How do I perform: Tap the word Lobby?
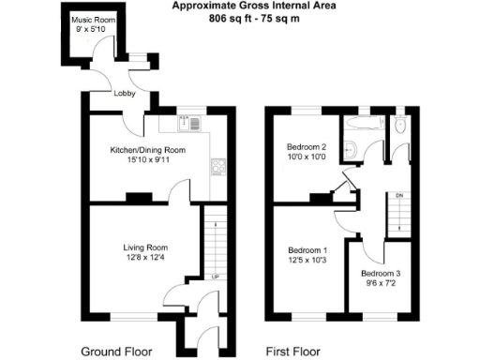tap(125, 94)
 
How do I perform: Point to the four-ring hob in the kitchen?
tap(219, 167)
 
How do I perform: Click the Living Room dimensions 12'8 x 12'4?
tap(145, 258)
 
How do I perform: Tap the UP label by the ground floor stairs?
tap(215, 277)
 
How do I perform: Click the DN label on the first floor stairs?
tap(398, 195)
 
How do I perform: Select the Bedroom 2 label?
tap(306, 147)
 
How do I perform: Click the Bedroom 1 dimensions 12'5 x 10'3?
tap(307, 261)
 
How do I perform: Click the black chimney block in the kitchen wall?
tap(139, 197)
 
